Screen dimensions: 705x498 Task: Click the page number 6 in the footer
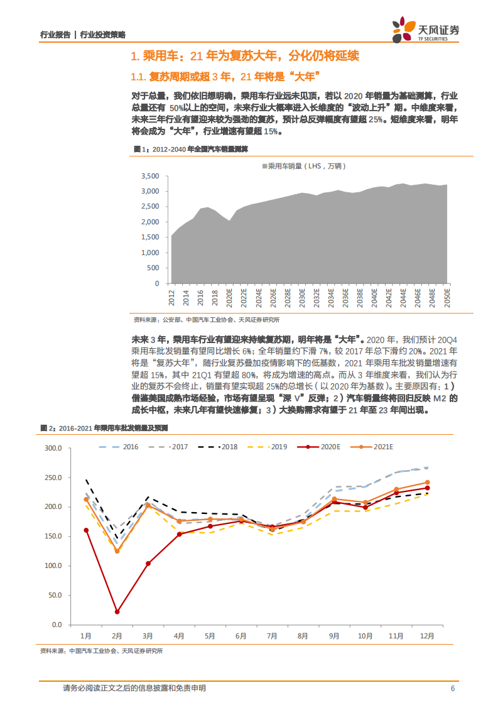tap(452, 688)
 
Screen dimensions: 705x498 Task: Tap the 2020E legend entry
tap(317, 447)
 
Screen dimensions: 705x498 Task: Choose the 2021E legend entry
tap(371, 447)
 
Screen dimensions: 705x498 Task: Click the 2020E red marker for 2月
tap(117, 611)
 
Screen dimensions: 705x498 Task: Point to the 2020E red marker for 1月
tap(87, 530)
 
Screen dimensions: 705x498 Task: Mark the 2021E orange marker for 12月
tap(427, 483)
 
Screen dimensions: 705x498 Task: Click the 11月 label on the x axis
tap(396, 636)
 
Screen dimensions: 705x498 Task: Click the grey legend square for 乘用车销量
tap(264, 167)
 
